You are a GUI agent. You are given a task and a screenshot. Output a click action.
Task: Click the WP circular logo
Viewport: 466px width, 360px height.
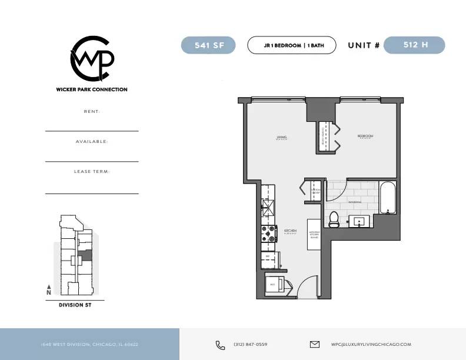tap(92, 59)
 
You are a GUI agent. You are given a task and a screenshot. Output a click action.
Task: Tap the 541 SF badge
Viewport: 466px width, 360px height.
tap(208, 45)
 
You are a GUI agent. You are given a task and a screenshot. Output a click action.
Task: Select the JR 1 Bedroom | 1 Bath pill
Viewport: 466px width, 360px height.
tap(291, 45)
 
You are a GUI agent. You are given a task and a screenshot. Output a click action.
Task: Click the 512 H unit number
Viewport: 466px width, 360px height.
tap(414, 45)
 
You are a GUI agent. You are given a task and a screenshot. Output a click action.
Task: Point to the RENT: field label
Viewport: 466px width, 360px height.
tap(92, 111)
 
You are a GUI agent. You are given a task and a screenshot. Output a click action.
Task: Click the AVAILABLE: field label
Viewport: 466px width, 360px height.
tap(92, 142)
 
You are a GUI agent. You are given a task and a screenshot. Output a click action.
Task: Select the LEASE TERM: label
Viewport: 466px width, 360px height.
tap(92, 172)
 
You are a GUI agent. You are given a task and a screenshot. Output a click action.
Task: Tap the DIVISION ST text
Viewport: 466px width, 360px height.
tap(75, 305)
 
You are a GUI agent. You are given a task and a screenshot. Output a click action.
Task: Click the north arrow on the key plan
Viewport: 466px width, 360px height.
tap(49, 289)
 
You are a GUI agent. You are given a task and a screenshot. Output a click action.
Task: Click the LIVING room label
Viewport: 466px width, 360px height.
tap(281, 138)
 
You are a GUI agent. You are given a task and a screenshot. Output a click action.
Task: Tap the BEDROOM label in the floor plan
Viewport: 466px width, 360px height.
tap(365, 136)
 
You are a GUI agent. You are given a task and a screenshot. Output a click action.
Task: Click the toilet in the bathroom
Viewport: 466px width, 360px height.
tap(334, 219)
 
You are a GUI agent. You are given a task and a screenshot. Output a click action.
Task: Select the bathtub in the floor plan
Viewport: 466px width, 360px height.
tap(388, 198)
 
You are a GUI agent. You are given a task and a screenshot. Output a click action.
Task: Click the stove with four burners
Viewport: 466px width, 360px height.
tap(269, 234)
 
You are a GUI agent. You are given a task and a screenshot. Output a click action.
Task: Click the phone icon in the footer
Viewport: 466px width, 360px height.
tap(220, 345)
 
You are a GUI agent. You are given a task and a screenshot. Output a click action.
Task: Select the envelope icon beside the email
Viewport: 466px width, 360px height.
tap(314, 345)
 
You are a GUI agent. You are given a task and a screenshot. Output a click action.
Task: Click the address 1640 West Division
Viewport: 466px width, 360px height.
tap(89, 345)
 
